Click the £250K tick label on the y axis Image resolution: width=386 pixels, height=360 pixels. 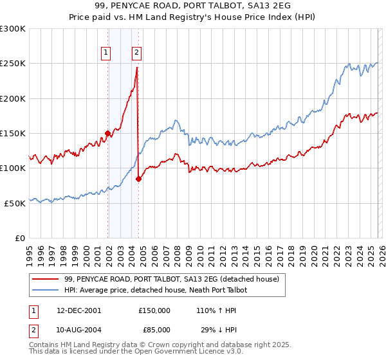(x=13, y=64)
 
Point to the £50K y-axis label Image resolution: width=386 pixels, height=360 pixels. (x=15, y=203)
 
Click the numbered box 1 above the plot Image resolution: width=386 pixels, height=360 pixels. (x=106, y=53)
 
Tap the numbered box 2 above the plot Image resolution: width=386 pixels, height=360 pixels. (x=137, y=53)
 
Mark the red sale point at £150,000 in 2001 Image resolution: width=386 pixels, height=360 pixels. (x=107, y=134)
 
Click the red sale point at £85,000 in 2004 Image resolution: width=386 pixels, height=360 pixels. (x=138, y=179)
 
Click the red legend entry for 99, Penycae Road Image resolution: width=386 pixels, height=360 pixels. (x=171, y=280)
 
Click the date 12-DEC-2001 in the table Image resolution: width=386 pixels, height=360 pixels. (x=79, y=310)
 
